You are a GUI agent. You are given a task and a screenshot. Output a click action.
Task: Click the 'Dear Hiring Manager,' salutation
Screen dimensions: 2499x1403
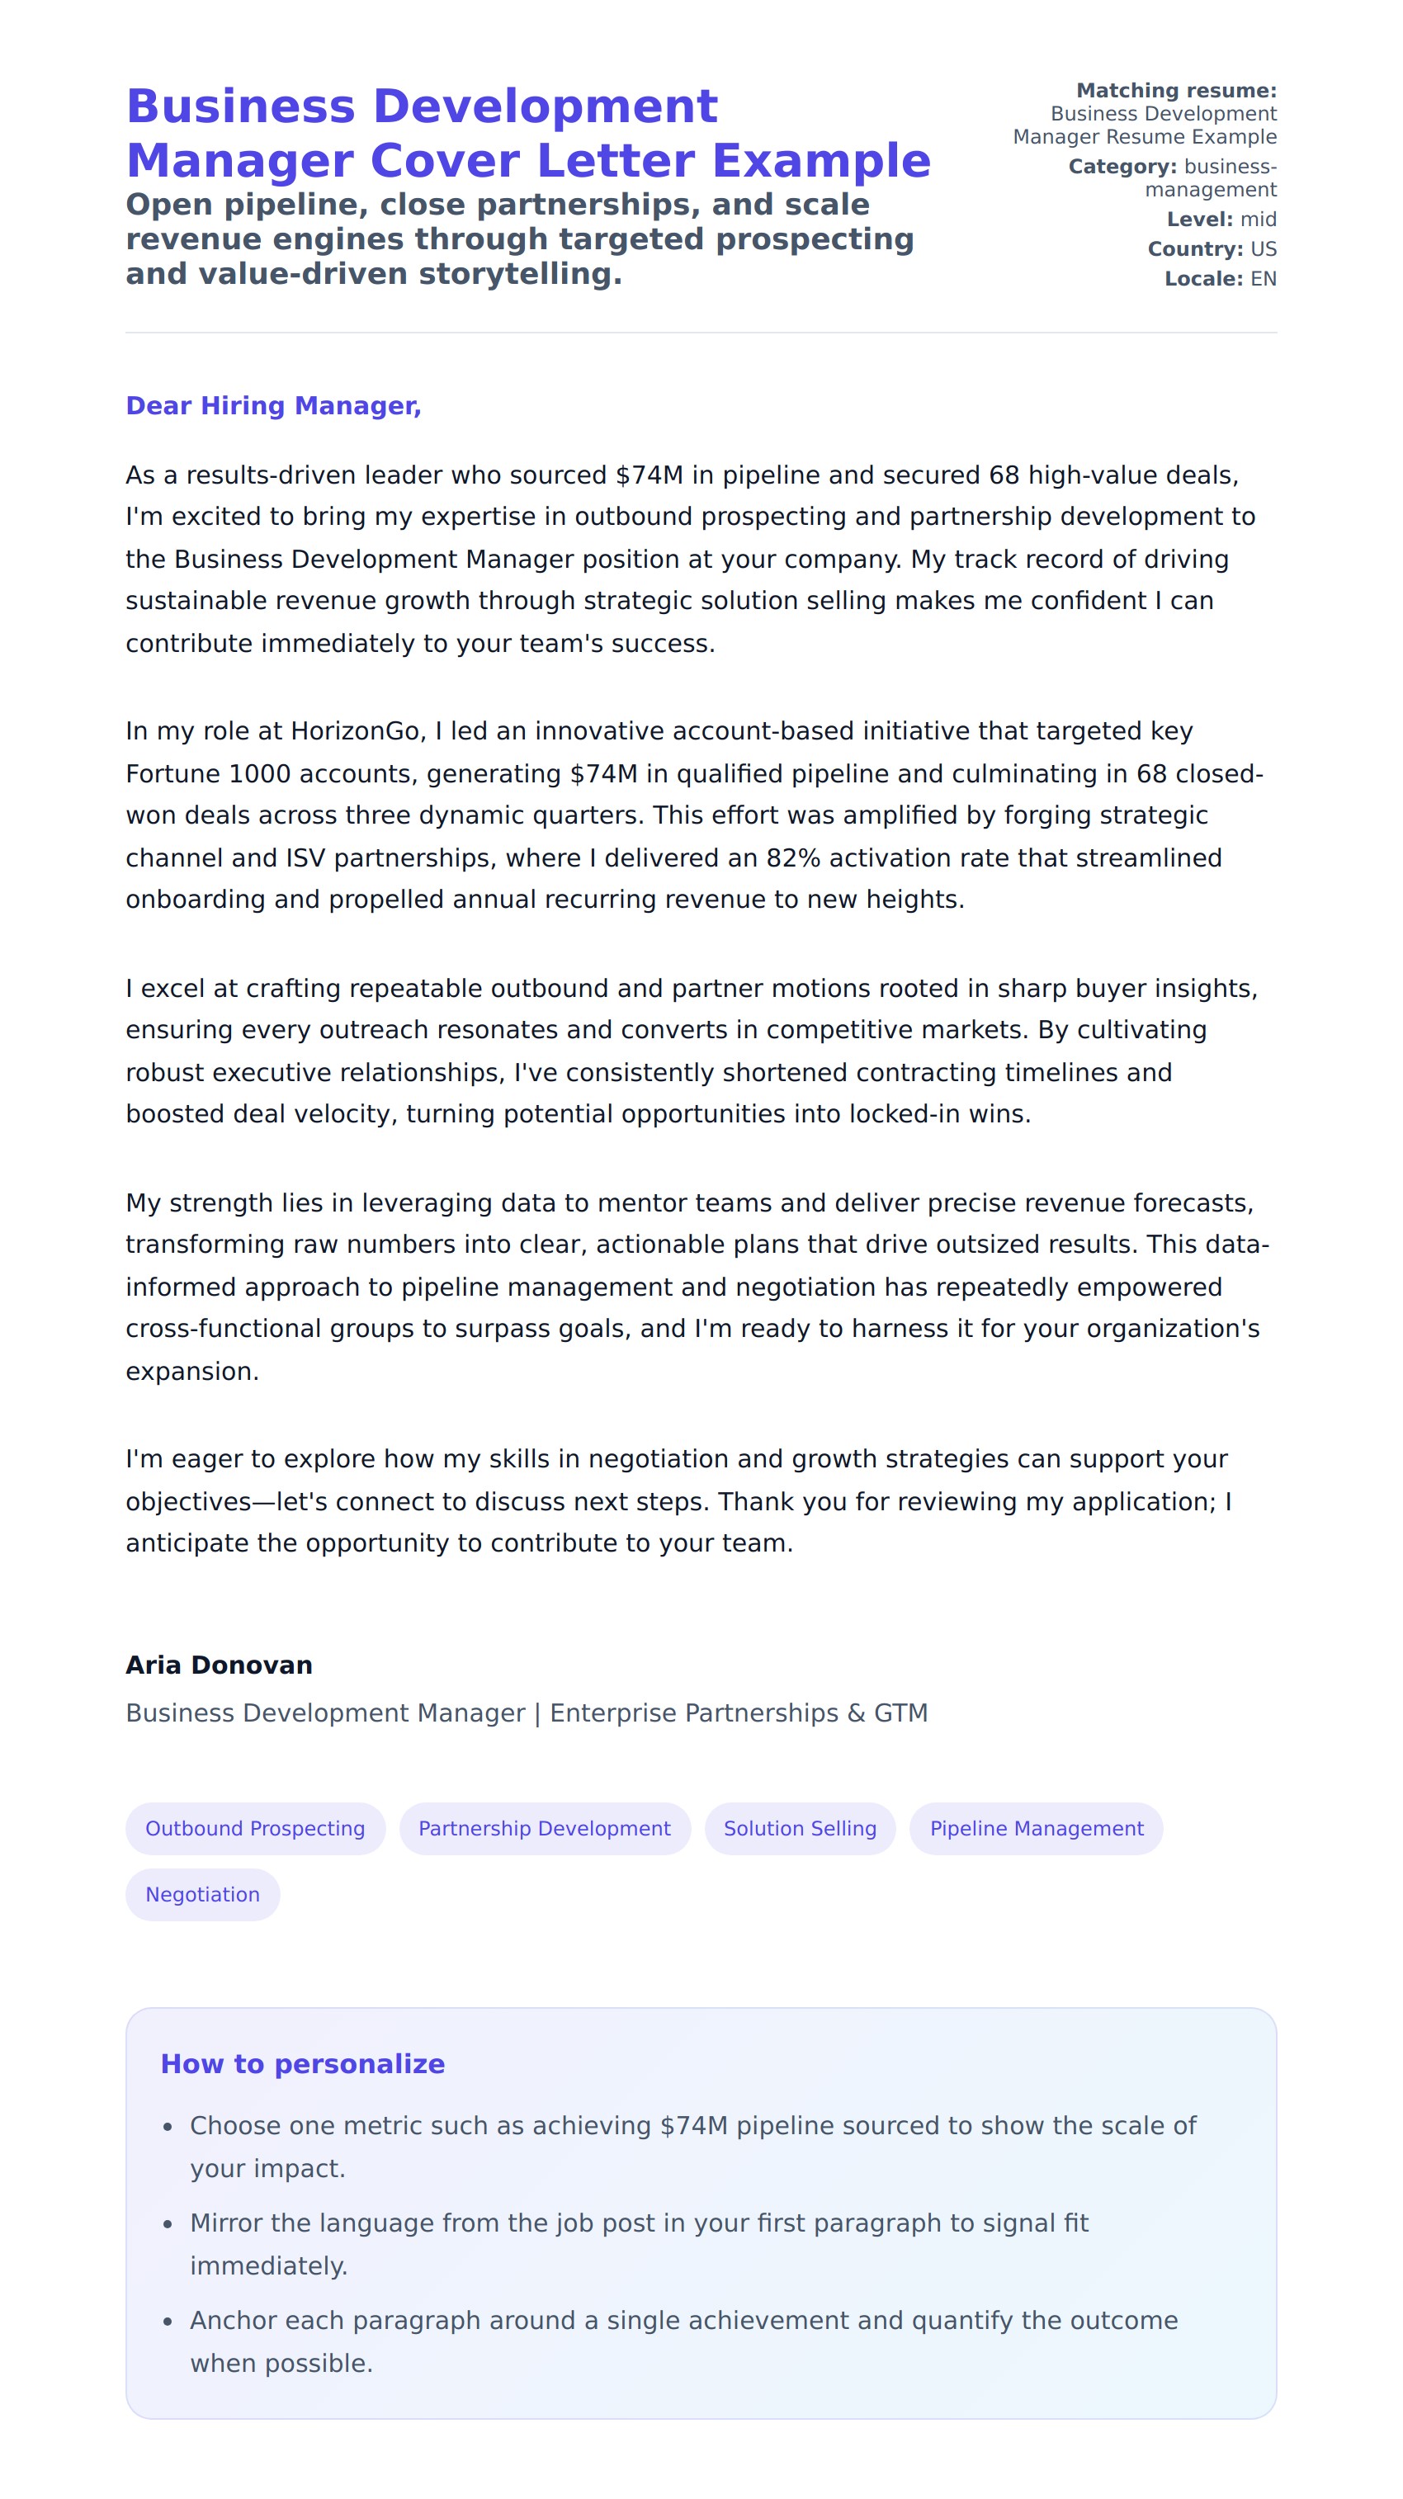[x=272, y=405]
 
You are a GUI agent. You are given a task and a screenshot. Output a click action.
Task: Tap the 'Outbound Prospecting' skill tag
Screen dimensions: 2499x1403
[x=255, y=1828]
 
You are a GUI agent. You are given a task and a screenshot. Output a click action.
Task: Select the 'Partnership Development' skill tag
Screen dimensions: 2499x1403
[x=545, y=1828]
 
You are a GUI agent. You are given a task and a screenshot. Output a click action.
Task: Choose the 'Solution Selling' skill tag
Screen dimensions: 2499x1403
[x=800, y=1828]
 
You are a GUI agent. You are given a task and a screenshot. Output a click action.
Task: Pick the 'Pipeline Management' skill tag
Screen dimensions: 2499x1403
[x=1037, y=1828]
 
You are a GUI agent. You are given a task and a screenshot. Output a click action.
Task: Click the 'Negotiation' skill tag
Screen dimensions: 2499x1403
[x=203, y=1894]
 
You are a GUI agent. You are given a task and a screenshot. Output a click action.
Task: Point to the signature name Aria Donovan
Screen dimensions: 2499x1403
[x=220, y=1665]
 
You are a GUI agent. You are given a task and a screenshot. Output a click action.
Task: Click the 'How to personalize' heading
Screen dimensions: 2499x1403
[x=303, y=2063]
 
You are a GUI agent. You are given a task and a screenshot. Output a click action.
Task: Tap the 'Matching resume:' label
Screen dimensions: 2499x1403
[x=1176, y=90]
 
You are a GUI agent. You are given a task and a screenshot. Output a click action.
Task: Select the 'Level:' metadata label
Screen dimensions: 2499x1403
[x=1199, y=220]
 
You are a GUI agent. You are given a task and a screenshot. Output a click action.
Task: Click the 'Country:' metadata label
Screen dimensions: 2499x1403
[x=1194, y=249]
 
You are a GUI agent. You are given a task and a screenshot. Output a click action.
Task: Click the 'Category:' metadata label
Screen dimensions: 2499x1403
[x=1122, y=167]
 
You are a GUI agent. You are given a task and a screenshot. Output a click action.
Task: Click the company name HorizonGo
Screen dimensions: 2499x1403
[x=355, y=731]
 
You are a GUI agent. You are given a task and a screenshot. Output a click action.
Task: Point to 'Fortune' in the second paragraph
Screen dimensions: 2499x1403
[x=172, y=774]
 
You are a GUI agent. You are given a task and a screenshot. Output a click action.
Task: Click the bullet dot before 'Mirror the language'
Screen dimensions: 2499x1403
[x=168, y=2224]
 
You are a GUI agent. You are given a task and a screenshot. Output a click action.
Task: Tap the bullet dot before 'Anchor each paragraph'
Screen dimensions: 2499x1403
[x=168, y=2322]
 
